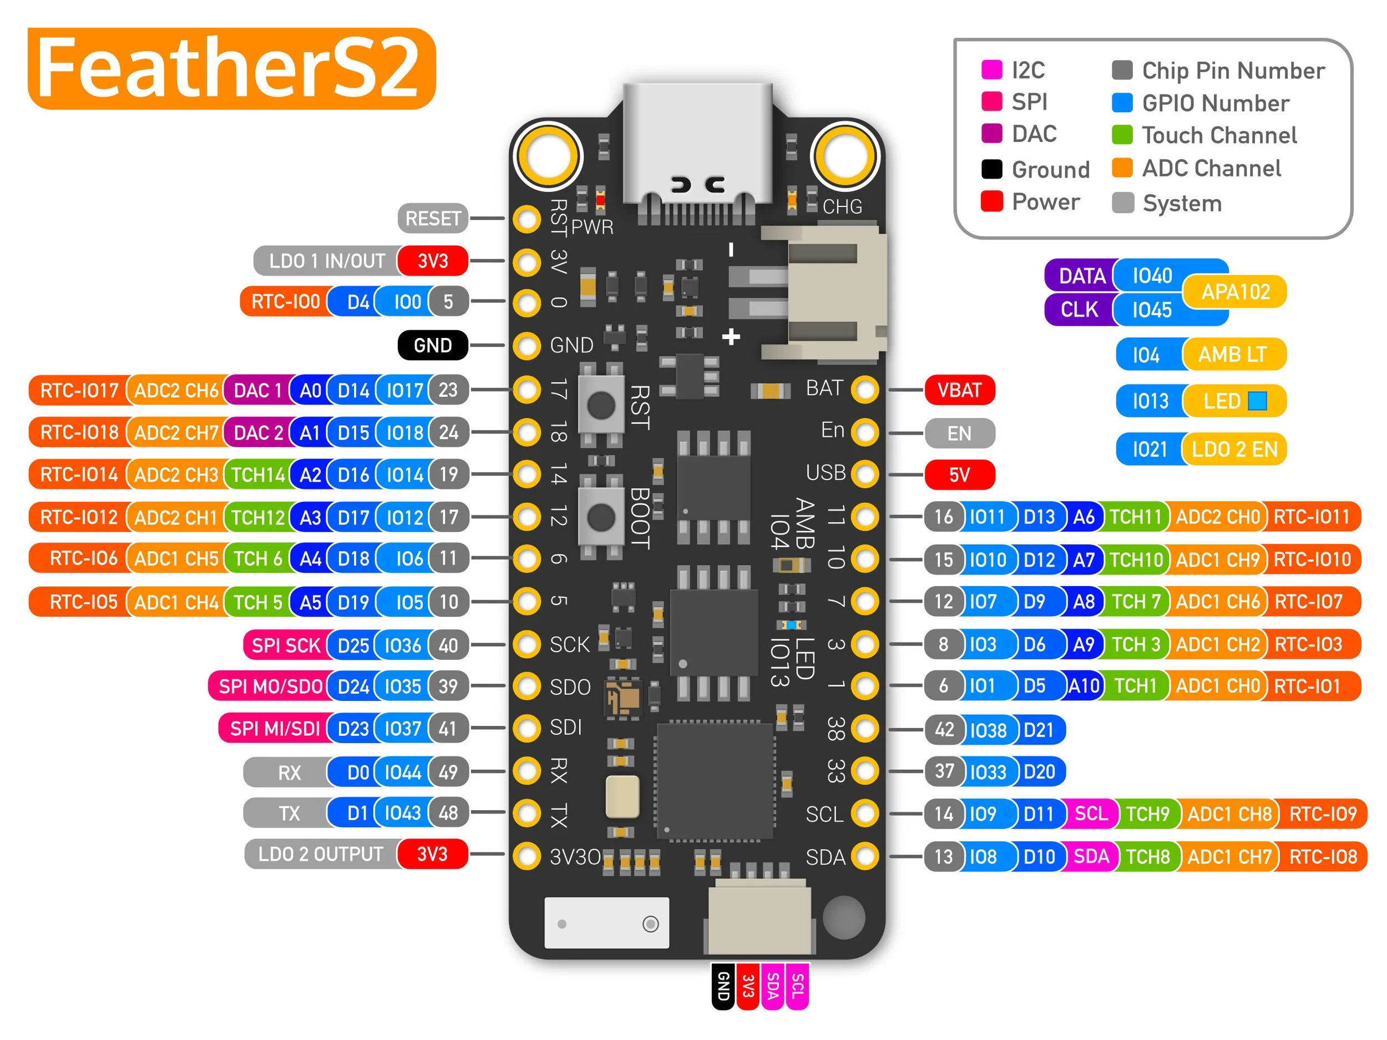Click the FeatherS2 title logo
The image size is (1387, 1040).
[x=231, y=68]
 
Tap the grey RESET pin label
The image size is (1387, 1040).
[x=433, y=218]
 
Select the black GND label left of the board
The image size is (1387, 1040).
[x=433, y=345]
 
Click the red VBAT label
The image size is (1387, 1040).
[x=959, y=390]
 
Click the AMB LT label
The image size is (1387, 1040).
[x=1233, y=355]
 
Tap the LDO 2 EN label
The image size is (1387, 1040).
[x=1234, y=449]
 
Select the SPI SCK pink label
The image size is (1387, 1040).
[x=285, y=645]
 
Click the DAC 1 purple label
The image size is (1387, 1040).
[x=257, y=391]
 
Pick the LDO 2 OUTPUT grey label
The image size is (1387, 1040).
[x=321, y=854]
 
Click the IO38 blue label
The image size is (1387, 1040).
[x=988, y=730]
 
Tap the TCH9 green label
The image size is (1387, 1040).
[x=1147, y=814]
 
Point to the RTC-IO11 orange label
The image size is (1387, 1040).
[x=1312, y=517]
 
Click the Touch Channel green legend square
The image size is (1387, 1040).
[x=1122, y=135]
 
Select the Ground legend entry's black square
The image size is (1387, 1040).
[x=992, y=169]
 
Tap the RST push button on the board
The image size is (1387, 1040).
[x=601, y=405]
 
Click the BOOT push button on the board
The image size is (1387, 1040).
[x=601, y=517]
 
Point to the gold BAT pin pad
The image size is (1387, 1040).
[x=865, y=390]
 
